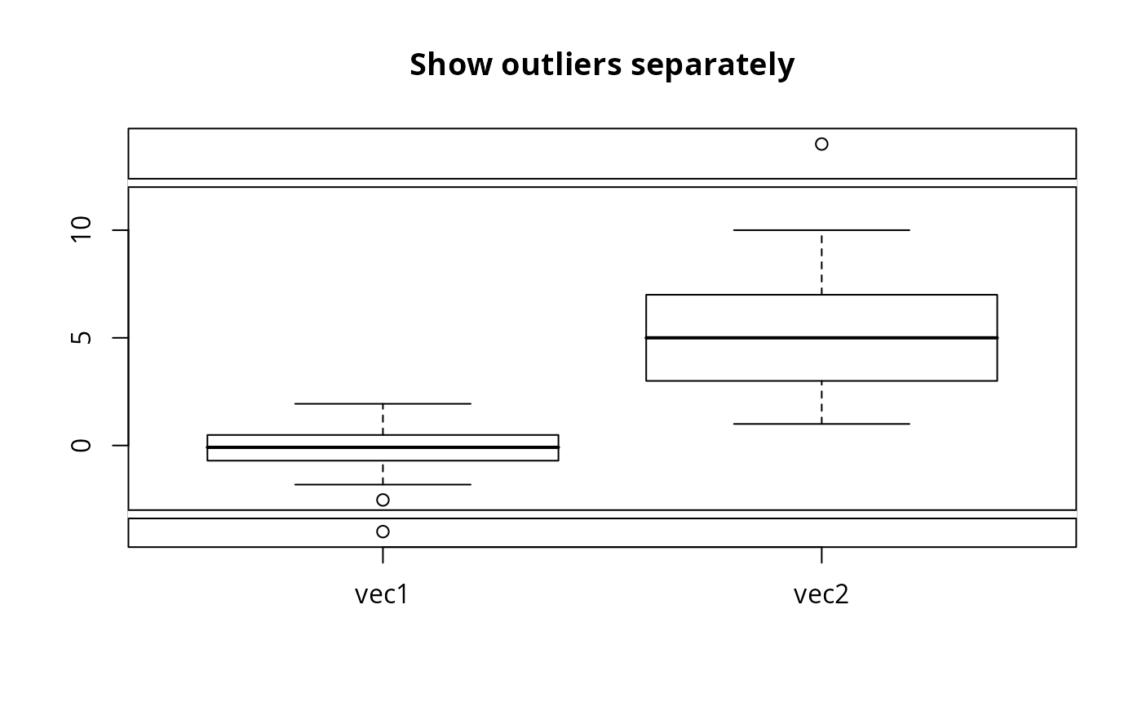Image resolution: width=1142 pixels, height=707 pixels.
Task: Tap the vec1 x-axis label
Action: (381, 594)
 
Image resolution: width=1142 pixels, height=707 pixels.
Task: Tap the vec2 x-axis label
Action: (821, 594)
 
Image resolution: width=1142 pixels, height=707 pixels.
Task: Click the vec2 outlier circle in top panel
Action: (821, 144)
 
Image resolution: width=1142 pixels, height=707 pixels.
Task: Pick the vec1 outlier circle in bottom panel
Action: (383, 531)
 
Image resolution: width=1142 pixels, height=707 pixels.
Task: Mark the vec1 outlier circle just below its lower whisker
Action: (383, 500)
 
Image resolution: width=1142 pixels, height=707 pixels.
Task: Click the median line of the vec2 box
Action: (821, 337)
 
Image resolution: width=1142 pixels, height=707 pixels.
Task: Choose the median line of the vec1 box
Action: (383, 447)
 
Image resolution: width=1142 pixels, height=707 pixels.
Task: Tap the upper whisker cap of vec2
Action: (821, 230)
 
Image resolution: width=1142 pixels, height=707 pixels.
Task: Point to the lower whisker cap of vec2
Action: (821, 424)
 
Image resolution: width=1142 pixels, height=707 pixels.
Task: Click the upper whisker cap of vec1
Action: (383, 403)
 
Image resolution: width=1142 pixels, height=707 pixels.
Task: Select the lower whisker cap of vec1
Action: (383, 485)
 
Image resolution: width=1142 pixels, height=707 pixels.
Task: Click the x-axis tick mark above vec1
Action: (383, 555)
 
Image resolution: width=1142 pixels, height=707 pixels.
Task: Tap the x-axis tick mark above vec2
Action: (821, 555)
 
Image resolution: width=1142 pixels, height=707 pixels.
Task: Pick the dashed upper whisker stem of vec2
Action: (821, 262)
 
